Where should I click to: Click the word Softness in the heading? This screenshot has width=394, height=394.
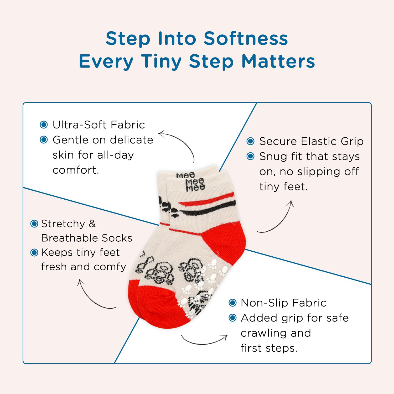246,38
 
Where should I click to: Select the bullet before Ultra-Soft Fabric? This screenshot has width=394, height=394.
44,125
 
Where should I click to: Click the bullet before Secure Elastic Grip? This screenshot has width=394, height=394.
251,141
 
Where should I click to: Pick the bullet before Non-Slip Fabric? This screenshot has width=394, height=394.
232,303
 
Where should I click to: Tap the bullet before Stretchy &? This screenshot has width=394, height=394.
34,224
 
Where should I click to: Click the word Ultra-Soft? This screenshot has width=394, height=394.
80,125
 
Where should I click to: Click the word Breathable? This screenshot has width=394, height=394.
70,238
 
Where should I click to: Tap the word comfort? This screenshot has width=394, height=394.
76,170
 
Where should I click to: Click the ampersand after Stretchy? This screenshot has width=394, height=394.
92,224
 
